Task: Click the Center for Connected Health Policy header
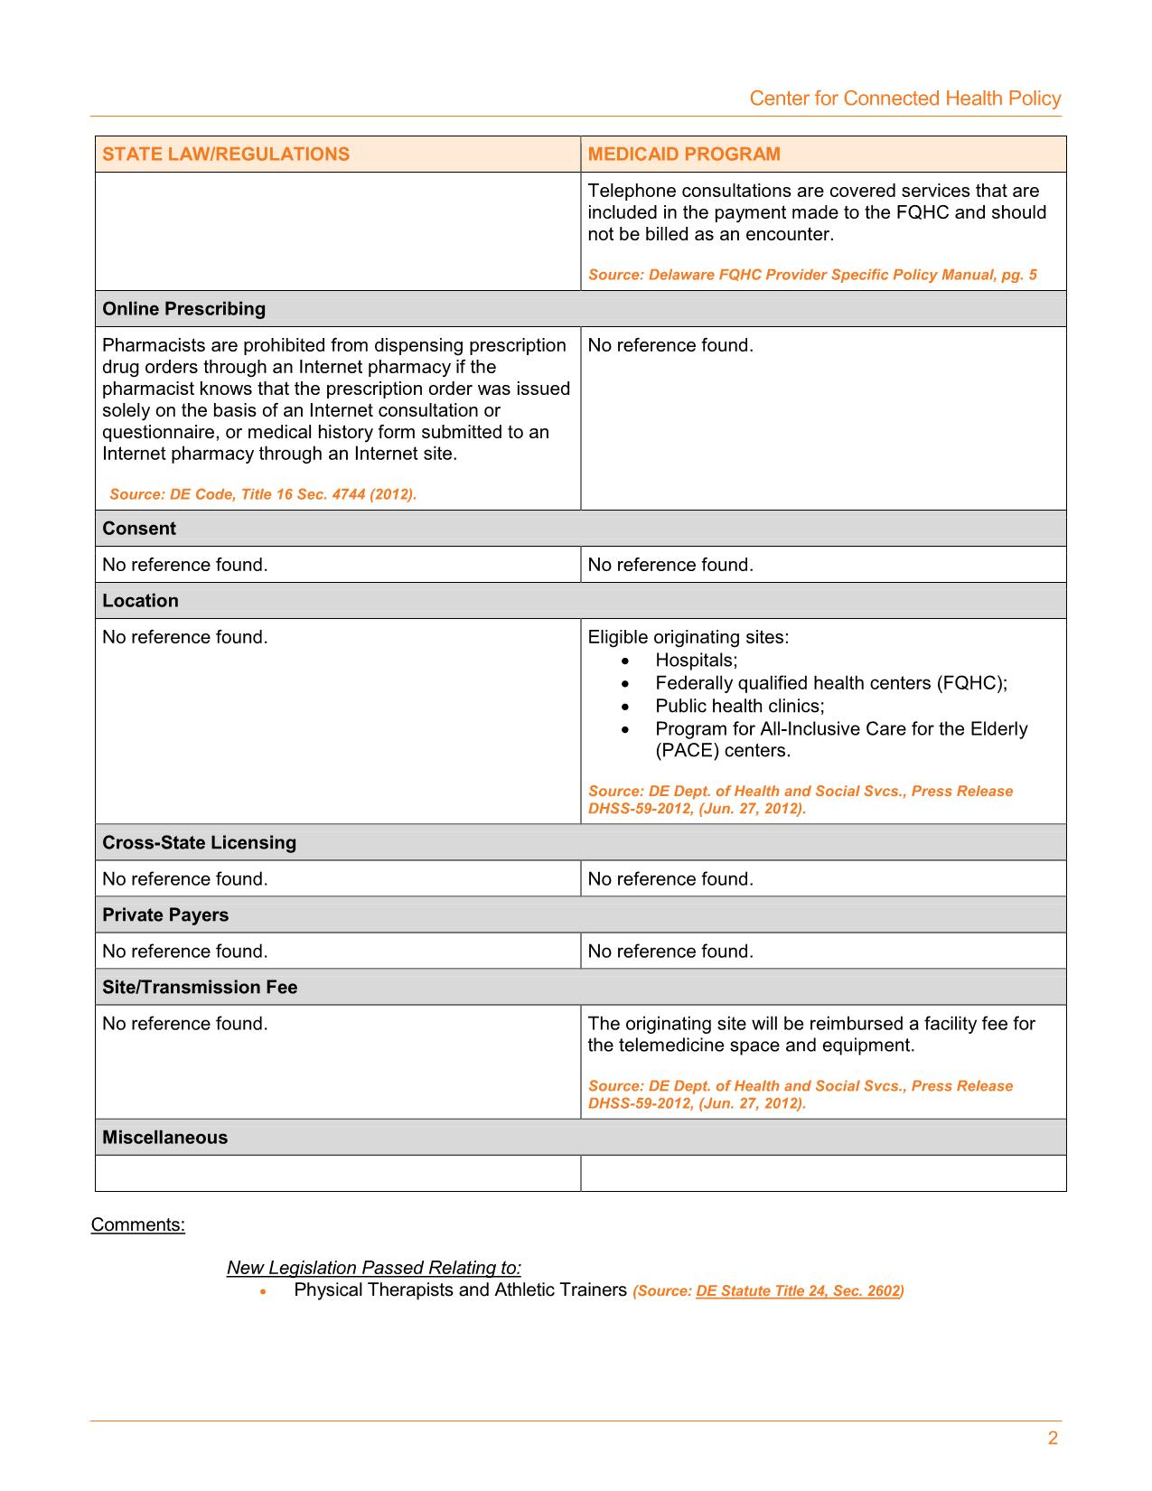pyautogui.click(x=904, y=98)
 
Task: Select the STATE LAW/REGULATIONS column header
pyautogui.click(x=226, y=154)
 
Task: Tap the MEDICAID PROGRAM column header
pyautogui.click(x=684, y=154)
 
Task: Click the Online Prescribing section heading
pyautogui.click(x=184, y=309)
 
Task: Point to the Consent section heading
pyautogui.click(x=139, y=529)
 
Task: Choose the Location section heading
pyautogui.click(x=140, y=601)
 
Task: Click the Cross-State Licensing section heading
pyautogui.click(x=199, y=842)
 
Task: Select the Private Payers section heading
pyautogui.click(x=165, y=914)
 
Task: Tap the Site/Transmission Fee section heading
pyautogui.click(x=200, y=987)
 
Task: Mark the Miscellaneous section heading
pyautogui.click(x=164, y=1137)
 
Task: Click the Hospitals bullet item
pyautogui.click(x=696, y=660)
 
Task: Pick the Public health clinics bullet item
pyautogui.click(x=740, y=706)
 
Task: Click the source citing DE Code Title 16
pyautogui.click(x=263, y=494)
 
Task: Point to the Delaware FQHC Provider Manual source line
pyautogui.click(x=812, y=275)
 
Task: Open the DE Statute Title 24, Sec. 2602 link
pyautogui.click(x=798, y=1291)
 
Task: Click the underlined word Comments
pyautogui.click(x=137, y=1224)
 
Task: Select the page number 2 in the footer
pyautogui.click(x=1052, y=1439)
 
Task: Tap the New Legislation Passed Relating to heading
pyautogui.click(x=374, y=1268)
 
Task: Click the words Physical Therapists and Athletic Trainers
pyautogui.click(x=460, y=1289)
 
